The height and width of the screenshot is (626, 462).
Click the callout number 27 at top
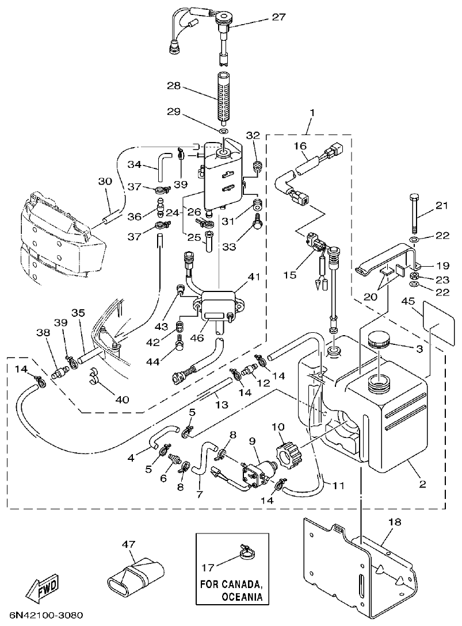click(x=278, y=18)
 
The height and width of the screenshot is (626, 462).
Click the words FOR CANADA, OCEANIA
click(x=232, y=590)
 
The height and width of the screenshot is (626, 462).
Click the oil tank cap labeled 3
click(x=376, y=340)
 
